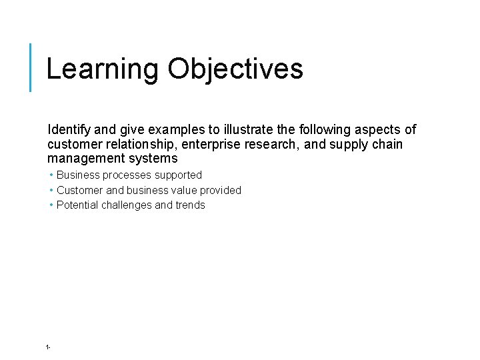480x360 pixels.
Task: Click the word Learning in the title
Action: [x=102, y=69]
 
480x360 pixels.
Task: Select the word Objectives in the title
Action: [x=235, y=69]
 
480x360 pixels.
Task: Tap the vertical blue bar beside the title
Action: [x=31, y=67]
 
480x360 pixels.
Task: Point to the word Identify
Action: [x=67, y=129]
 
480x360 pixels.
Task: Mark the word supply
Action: [x=341, y=144]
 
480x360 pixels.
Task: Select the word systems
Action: [x=155, y=159]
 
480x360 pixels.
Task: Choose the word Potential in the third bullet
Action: [x=76, y=205]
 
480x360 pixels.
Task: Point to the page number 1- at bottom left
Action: [x=48, y=347]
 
